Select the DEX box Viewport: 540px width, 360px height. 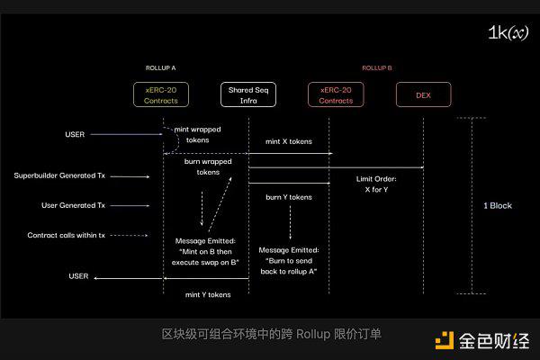(423, 94)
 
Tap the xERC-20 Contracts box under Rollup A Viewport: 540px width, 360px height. (161, 94)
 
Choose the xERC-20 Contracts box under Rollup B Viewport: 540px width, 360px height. (335, 94)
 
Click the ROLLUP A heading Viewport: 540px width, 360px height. (161, 67)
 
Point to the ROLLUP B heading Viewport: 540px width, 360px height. (377, 67)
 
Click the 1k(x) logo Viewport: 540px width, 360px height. (507, 32)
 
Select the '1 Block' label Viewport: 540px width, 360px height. (498, 205)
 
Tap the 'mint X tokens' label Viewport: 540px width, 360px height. (289, 142)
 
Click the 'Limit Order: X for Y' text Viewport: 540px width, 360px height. (382, 184)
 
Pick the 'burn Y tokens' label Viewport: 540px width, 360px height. (289, 196)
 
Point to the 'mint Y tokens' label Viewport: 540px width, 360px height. (208, 294)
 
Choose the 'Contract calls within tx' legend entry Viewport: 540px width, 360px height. (66, 235)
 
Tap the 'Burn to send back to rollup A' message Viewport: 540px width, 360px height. (289, 260)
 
